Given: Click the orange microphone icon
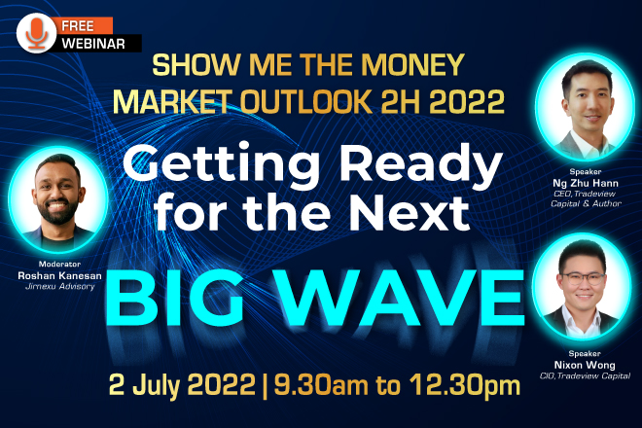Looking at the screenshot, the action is coord(36,33).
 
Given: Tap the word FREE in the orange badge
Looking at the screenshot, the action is coord(78,26).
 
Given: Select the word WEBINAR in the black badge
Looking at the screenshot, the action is coord(93,44).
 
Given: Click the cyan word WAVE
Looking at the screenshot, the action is coord(402,297).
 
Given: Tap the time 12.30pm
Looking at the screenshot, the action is coord(465,385).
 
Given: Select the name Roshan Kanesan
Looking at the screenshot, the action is coord(59,275).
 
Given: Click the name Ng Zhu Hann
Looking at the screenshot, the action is coord(586,183).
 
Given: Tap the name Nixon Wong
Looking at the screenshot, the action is coord(585,365).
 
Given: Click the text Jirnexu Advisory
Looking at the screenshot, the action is coord(59,286).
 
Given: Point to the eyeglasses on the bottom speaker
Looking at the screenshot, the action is coord(583,278).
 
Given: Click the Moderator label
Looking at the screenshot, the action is coord(59,264).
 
